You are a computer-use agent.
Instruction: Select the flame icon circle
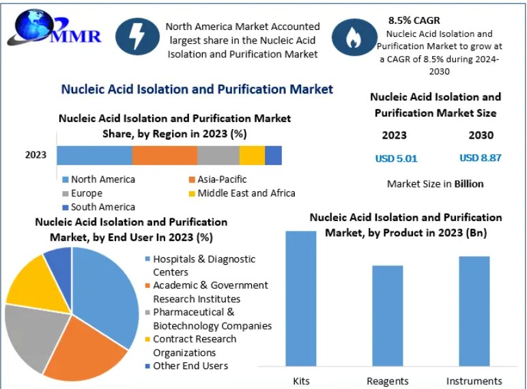353,37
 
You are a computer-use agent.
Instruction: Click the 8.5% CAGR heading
414,20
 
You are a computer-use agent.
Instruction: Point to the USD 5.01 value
396,158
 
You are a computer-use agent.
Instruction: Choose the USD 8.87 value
480,158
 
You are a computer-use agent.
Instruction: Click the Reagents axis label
388,381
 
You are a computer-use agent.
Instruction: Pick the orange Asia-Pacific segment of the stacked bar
165,155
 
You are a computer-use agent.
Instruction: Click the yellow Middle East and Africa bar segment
252,155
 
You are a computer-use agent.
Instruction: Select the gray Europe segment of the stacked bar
218,155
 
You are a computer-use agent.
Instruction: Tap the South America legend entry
98,207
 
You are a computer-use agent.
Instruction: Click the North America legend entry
98,179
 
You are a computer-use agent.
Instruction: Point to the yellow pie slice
30,280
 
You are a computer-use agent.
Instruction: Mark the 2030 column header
481,135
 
